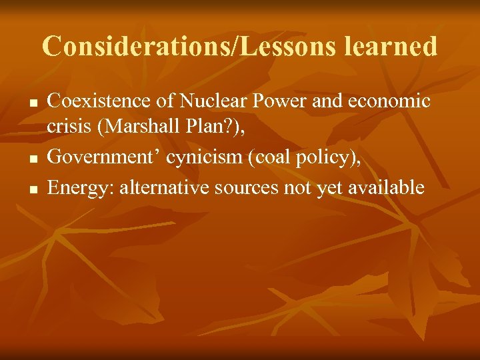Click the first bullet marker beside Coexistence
(x=31, y=104)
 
